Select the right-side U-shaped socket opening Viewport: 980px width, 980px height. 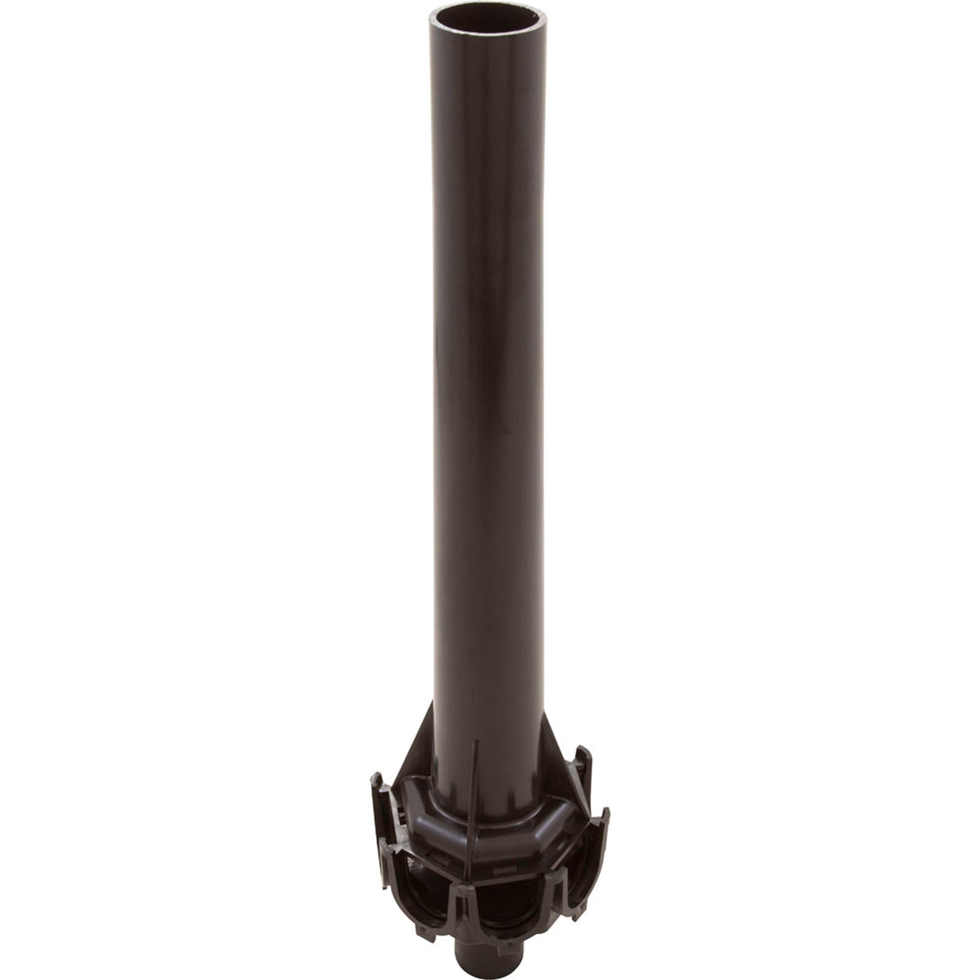(579, 864)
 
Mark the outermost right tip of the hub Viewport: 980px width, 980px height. (606, 815)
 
